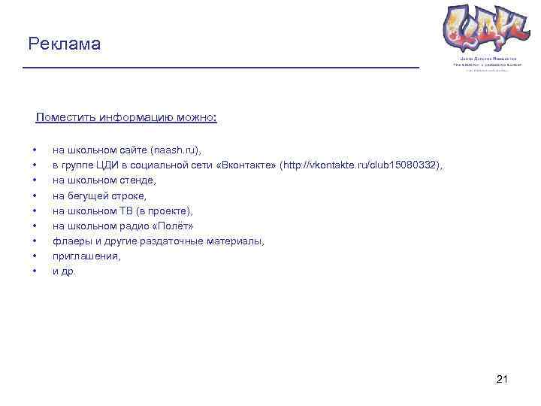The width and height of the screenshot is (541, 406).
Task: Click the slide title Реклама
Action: click(64, 44)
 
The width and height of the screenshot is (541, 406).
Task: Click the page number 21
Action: click(503, 380)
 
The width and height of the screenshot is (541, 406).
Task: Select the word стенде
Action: click(138, 180)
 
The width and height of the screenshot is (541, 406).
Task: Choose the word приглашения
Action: click(86, 256)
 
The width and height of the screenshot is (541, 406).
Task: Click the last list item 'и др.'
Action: click(64, 271)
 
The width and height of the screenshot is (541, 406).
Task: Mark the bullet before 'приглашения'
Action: click(35, 256)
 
